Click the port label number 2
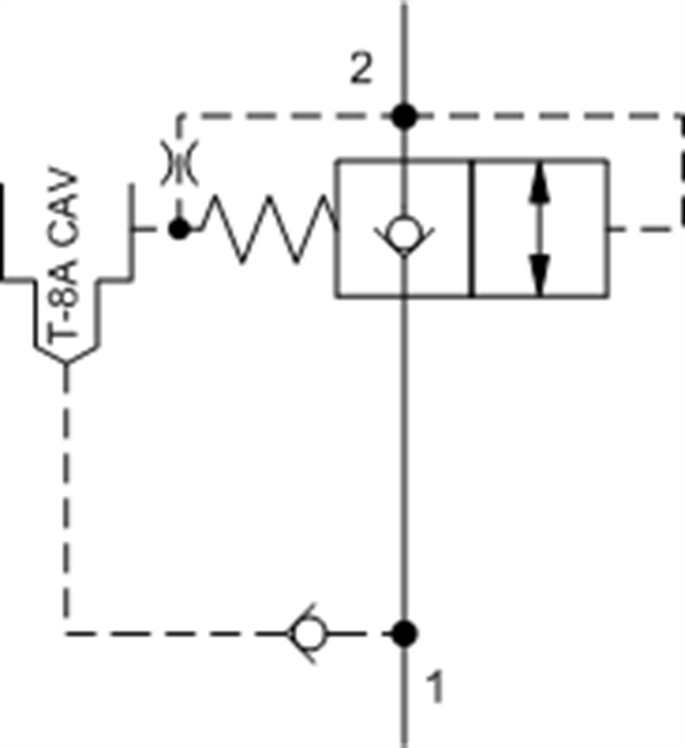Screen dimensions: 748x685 pos(361,71)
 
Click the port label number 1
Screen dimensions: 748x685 pos(435,688)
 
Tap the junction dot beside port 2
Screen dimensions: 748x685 pos(405,116)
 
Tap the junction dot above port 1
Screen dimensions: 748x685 pos(405,633)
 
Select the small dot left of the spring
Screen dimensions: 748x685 pos(179,230)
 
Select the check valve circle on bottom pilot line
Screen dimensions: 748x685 pos(309,633)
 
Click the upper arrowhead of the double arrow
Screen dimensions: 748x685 pos(539,185)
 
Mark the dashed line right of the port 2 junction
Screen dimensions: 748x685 pos(542,116)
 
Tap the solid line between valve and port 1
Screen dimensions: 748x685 pos(405,456)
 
